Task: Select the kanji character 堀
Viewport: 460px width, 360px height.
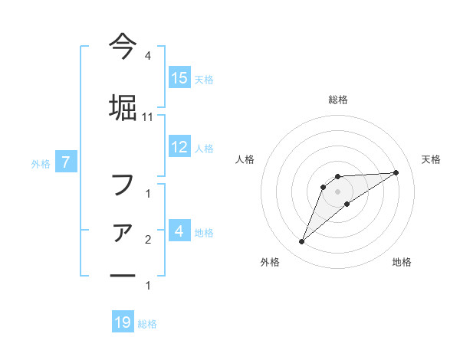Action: (x=123, y=105)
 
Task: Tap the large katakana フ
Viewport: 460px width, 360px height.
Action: (x=123, y=185)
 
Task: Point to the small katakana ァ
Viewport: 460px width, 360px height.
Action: (x=123, y=231)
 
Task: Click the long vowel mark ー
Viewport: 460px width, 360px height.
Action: (x=123, y=275)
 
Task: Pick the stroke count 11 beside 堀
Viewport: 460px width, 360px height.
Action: (x=147, y=117)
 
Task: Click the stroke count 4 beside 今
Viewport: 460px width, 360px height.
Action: (x=147, y=57)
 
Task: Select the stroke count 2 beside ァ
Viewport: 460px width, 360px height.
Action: (x=147, y=240)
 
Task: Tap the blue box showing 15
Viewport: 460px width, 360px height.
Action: (x=179, y=78)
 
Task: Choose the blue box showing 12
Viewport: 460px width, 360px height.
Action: (x=179, y=147)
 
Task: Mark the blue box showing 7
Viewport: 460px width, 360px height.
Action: (x=67, y=162)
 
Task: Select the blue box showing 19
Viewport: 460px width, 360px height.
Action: (x=123, y=322)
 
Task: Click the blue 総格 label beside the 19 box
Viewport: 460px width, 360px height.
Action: (x=147, y=324)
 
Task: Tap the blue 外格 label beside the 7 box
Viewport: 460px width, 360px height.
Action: (x=41, y=163)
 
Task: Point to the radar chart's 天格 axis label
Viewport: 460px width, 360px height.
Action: (x=431, y=159)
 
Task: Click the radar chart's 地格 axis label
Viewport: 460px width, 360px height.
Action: (x=402, y=262)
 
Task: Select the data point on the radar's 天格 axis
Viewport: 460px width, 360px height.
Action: (x=396, y=172)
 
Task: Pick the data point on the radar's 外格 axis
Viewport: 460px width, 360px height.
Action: (x=302, y=242)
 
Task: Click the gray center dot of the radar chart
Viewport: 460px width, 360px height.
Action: (x=337, y=191)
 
